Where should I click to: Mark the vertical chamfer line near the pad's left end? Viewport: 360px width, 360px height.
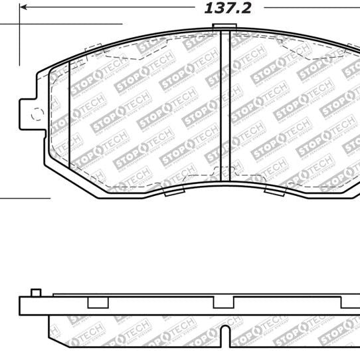(x=70, y=110)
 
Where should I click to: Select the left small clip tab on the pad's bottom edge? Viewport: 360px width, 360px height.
(x=171, y=191)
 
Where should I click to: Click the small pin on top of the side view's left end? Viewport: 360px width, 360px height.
(x=37, y=274)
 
